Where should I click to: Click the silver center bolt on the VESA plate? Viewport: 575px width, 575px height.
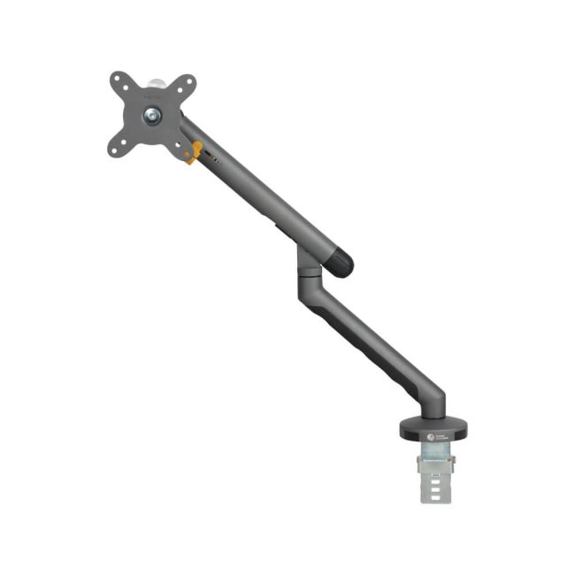pyautogui.click(x=153, y=114)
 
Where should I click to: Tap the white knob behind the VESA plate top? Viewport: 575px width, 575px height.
pyautogui.click(x=157, y=82)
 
